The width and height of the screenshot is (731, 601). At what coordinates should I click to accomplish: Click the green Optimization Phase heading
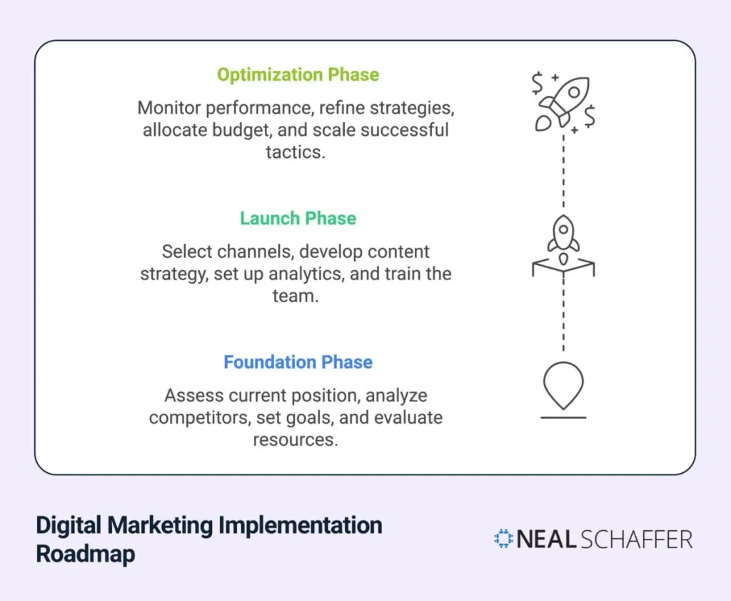298,75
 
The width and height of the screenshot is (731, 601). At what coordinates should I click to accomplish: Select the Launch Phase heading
298,218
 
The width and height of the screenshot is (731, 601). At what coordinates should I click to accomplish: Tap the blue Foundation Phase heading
298,362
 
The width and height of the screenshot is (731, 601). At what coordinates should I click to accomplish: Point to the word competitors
196,417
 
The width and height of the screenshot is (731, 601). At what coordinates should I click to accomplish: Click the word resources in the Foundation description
295,439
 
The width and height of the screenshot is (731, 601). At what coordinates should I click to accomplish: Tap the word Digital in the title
69,525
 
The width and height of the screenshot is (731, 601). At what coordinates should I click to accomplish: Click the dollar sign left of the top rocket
537,84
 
